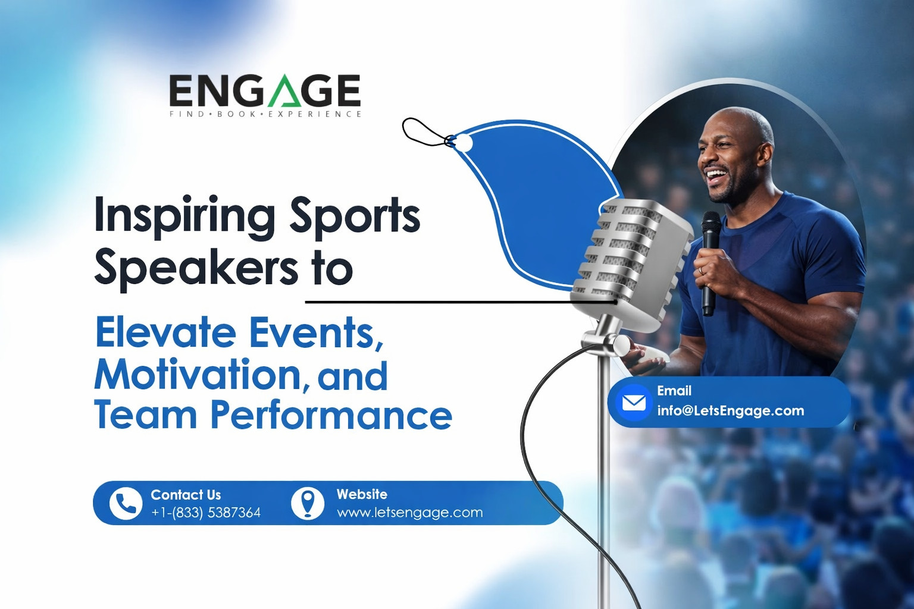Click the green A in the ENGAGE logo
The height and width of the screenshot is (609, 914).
tap(283, 90)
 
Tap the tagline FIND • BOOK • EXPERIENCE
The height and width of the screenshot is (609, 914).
tap(265, 114)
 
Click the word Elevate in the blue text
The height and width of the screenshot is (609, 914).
tap(165, 333)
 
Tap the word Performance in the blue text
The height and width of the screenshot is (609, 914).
tap(331, 416)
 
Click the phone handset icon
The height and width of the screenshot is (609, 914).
tap(126, 503)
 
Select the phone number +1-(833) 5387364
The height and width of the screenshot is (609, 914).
tap(206, 513)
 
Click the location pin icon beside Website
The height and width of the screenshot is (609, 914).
tap(308, 503)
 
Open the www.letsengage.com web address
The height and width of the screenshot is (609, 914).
tap(409, 513)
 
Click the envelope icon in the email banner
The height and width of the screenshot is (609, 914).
tap(634, 403)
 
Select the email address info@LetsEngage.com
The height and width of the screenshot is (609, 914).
tap(730, 410)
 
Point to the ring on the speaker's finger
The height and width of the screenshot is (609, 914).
tap(700, 271)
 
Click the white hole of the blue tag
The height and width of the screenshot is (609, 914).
tap(464, 143)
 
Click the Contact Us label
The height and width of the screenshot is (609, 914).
tap(186, 495)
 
